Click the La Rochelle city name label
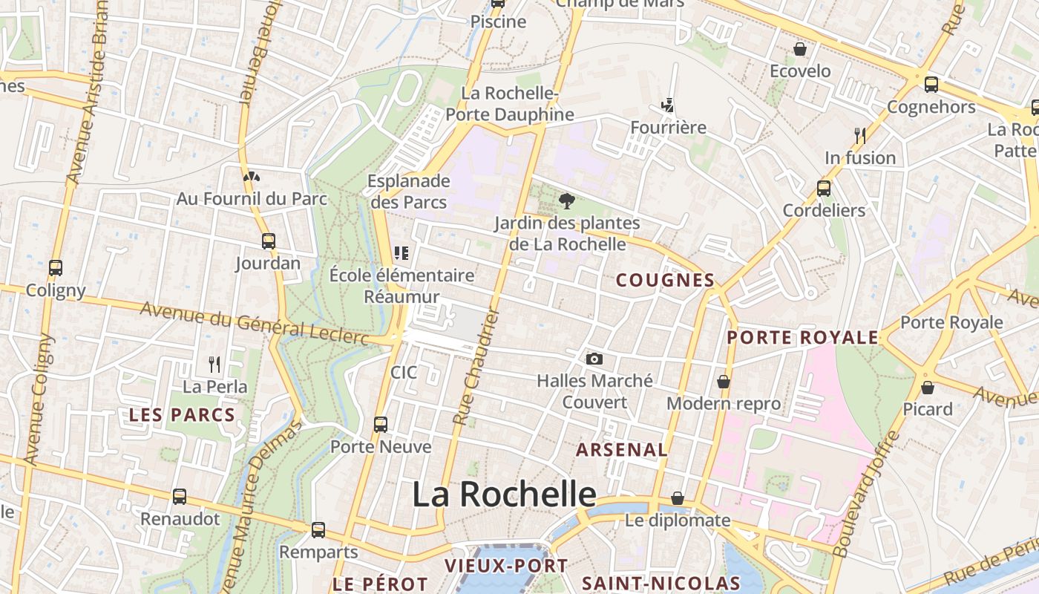click(x=504, y=495)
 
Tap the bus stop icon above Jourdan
click(x=268, y=241)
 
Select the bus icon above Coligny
click(x=56, y=268)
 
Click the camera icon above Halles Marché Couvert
click(x=594, y=359)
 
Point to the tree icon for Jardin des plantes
click(x=566, y=200)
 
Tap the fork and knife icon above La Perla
click(x=214, y=365)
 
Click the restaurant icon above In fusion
click(x=860, y=135)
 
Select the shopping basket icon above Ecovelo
click(x=800, y=49)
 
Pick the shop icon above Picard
click(x=928, y=387)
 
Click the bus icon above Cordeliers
click(x=823, y=189)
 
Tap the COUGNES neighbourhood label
click(x=666, y=281)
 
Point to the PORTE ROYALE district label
click(x=802, y=338)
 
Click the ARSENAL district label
click(x=622, y=450)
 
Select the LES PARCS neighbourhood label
click(x=182, y=415)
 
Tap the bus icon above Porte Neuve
click(x=381, y=425)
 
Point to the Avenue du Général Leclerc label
click(x=254, y=324)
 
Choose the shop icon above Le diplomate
click(x=677, y=498)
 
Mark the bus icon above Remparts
click(x=318, y=530)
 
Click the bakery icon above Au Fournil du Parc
click(x=251, y=177)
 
